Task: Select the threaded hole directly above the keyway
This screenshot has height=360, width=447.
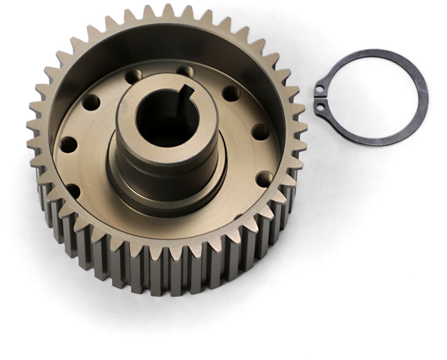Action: tap(185, 70)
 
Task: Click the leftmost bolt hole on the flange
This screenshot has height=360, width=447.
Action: tap(68, 144)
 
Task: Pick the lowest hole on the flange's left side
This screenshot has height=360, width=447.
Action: tap(74, 191)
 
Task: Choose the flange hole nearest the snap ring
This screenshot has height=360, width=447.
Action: tap(261, 131)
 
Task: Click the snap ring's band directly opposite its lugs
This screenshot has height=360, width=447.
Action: tap(423, 98)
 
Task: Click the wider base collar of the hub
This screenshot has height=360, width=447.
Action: tap(165, 190)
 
